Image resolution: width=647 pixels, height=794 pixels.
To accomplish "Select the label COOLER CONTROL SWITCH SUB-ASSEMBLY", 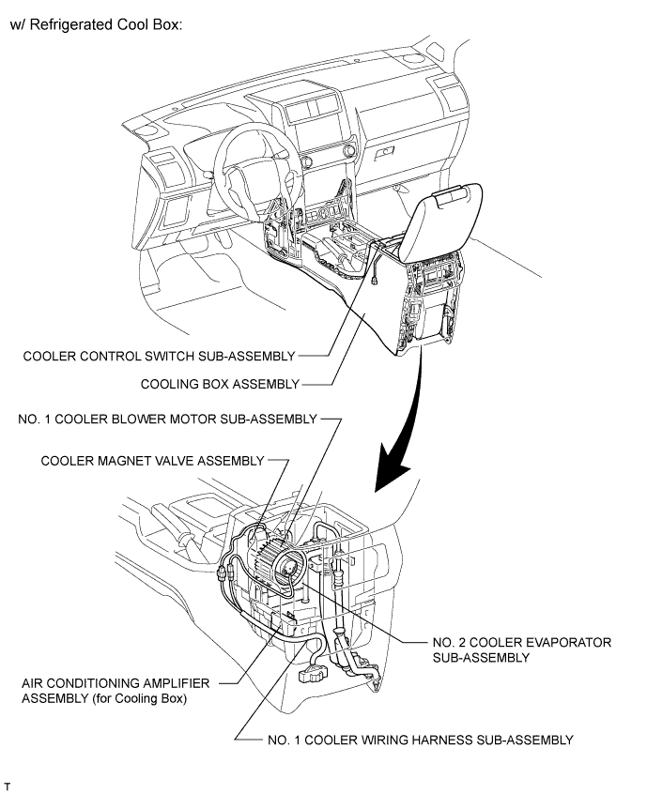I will point(159,356).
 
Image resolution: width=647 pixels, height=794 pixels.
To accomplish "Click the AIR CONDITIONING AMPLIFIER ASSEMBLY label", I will point(116,685).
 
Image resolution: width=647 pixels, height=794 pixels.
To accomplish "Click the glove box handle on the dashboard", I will point(384,150).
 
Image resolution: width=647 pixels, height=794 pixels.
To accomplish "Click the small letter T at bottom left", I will point(8,783).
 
